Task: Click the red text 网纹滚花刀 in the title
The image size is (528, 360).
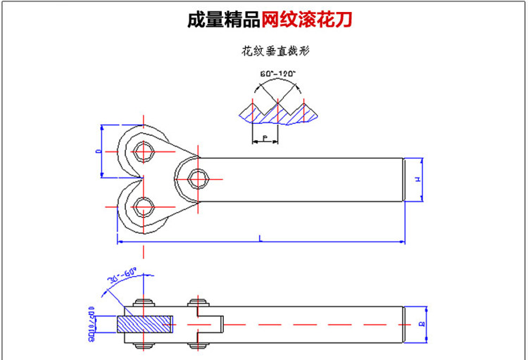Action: (x=307, y=19)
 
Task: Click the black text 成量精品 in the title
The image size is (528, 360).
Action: (x=224, y=19)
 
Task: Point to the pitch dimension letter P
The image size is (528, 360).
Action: (x=264, y=137)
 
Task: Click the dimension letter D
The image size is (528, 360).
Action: (x=99, y=151)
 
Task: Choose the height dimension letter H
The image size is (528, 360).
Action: (x=417, y=180)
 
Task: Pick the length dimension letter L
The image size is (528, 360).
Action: (x=260, y=240)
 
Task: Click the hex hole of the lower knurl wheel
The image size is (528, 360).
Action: (x=144, y=207)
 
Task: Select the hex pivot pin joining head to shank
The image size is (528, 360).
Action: (x=198, y=179)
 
